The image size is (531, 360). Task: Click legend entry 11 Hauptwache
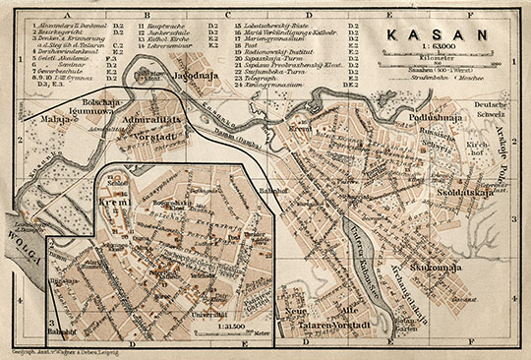[x=160, y=19]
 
